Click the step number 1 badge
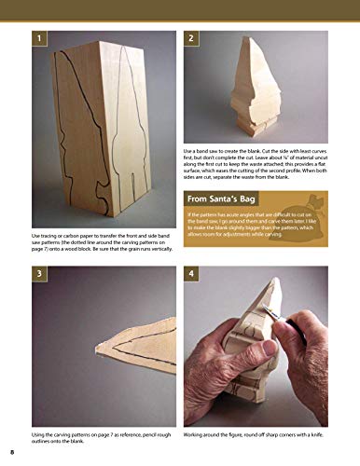point(40,38)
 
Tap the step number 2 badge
point(191,38)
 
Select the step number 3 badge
point(40,276)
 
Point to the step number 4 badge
point(191,276)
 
